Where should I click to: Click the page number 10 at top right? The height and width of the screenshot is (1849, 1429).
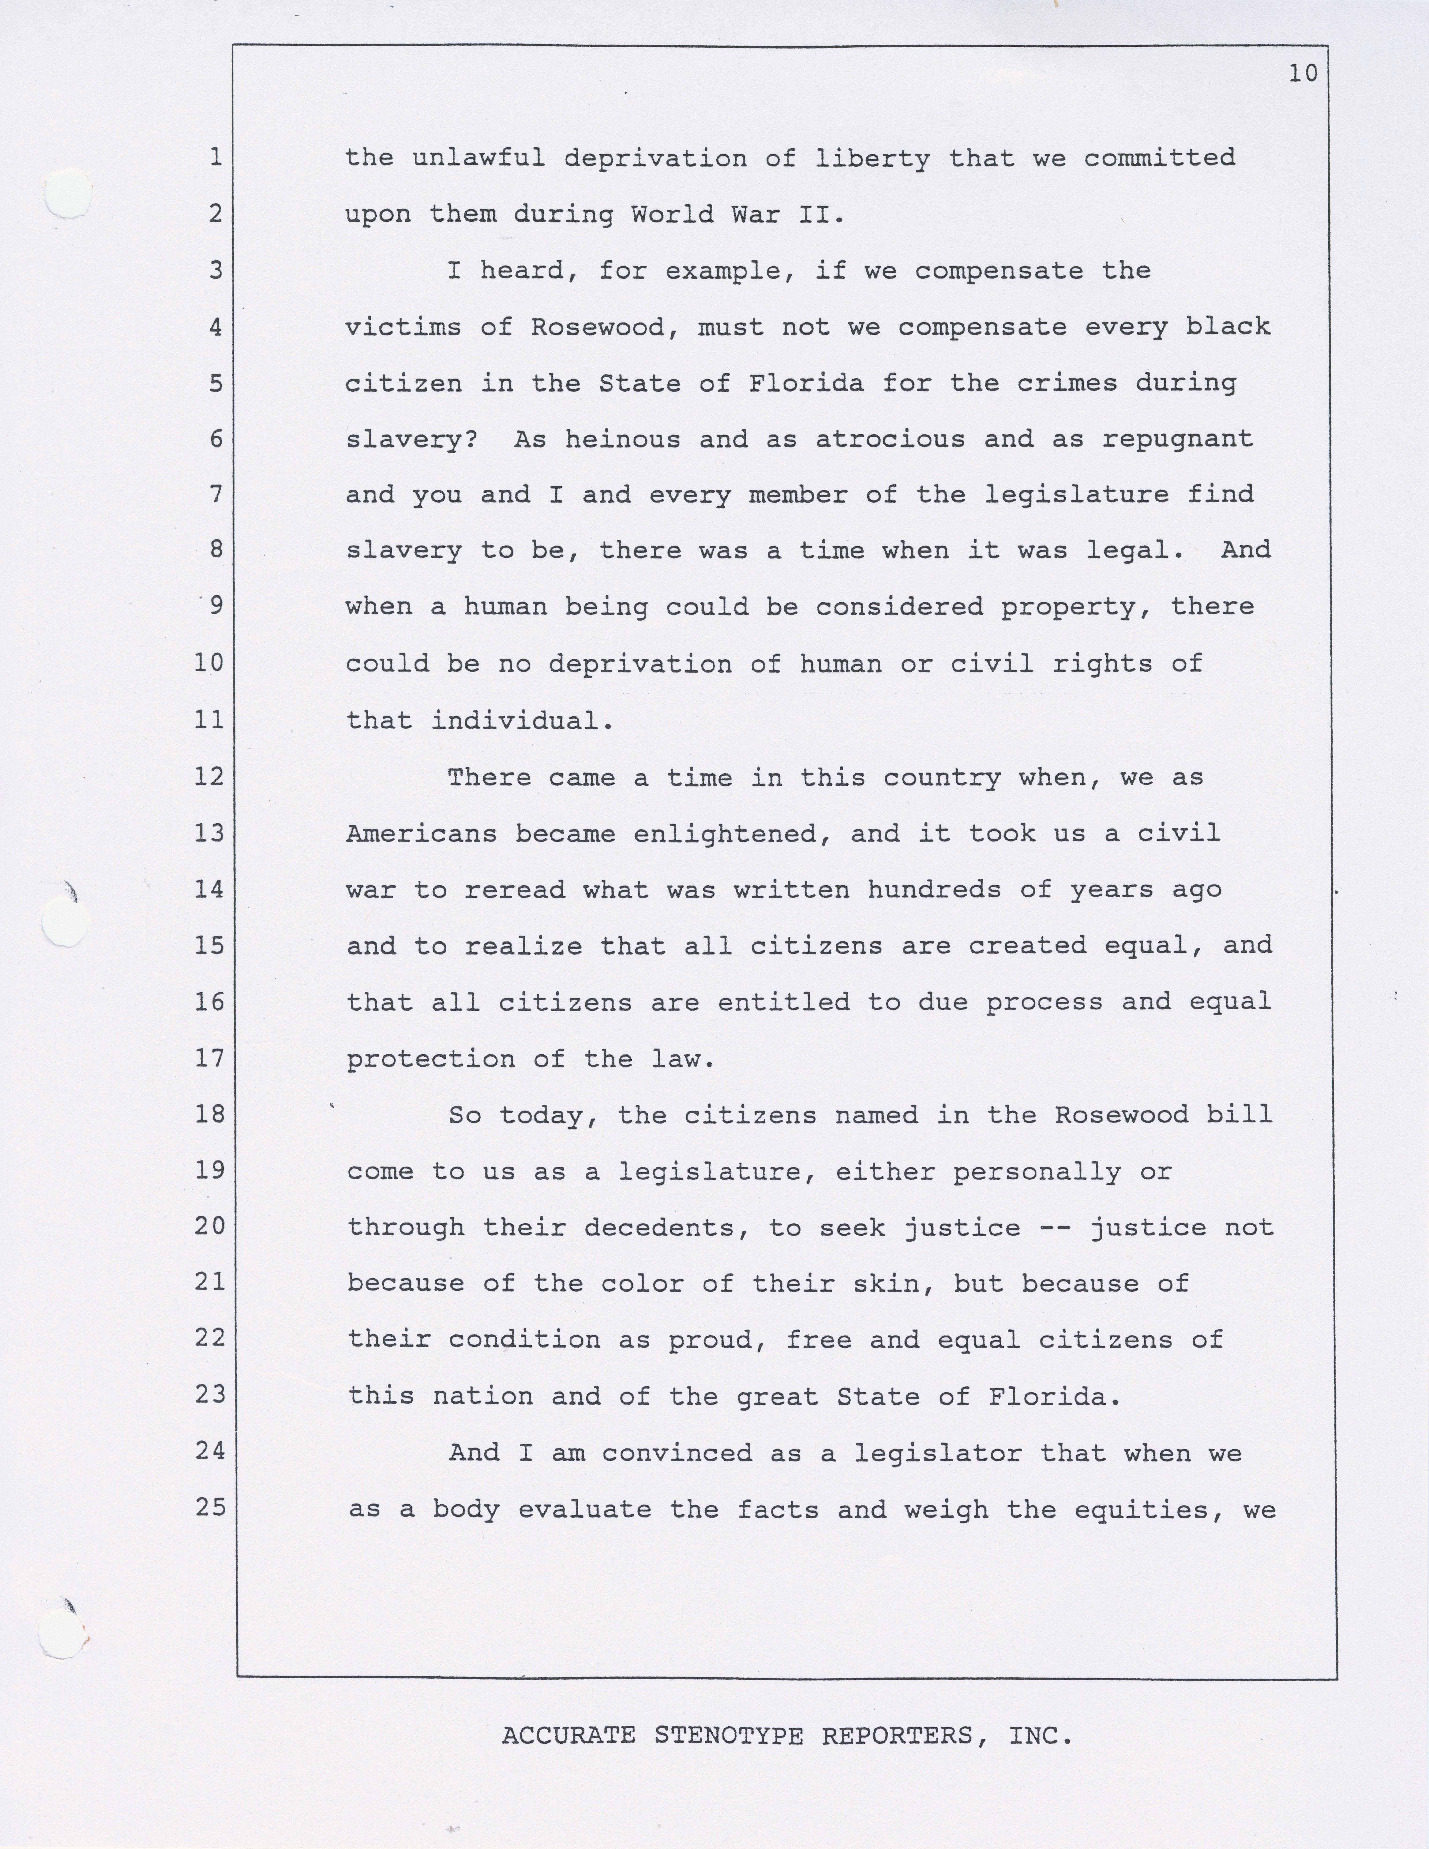pyautogui.click(x=1303, y=74)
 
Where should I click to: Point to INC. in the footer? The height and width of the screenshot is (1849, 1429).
pyautogui.click(x=1040, y=1736)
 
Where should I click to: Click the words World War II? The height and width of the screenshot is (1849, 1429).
pyautogui.click(x=737, y=214)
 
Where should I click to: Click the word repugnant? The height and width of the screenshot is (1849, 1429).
pyautogui.click(x=1178, y=439)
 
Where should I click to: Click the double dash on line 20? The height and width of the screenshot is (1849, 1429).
pyautogui.click(x=1055, y=1228)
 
